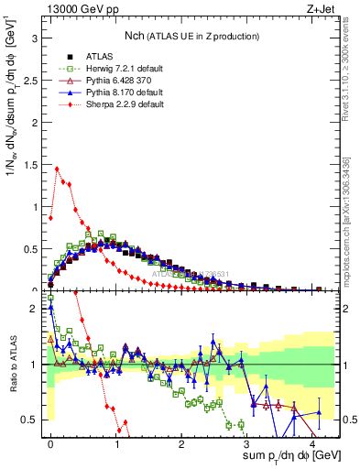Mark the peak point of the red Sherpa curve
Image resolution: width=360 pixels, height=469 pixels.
click(x=58, y=168)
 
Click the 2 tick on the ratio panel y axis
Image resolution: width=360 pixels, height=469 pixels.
click(x=34, y=309)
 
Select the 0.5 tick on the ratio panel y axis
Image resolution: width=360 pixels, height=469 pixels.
click(x=30, y=420)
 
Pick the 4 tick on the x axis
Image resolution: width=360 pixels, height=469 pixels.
click(x=313, y=444)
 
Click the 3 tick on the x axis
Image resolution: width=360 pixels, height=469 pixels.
click(x=247, y=444)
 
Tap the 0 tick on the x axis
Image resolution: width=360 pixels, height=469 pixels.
click(x=51, y=444)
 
